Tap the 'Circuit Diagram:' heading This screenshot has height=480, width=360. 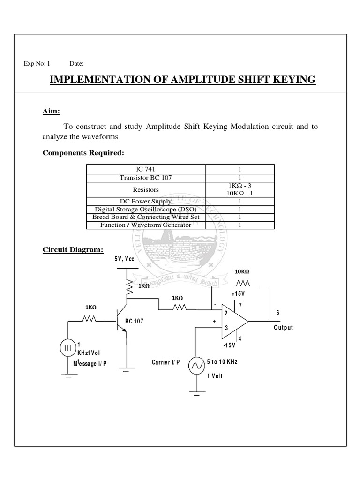pos(73,249)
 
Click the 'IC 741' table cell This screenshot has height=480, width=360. pos(145,169)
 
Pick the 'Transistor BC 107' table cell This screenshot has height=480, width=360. pos(145,178)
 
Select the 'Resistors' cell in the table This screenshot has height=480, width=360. pos(145,189)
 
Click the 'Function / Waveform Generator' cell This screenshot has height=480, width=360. pos(145,225)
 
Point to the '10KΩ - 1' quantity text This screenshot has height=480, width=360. pos(240,193)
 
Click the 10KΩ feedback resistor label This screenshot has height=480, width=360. pos(242,271)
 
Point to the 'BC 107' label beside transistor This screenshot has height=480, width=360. pos(134,322)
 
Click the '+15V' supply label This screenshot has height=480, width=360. pos(238,293)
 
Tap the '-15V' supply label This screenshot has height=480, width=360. pos(229,345)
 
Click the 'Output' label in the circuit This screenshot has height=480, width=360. pos(283,328)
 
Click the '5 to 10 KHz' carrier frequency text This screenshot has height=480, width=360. pos(222,362)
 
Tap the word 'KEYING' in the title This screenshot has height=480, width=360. pos(291,80)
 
